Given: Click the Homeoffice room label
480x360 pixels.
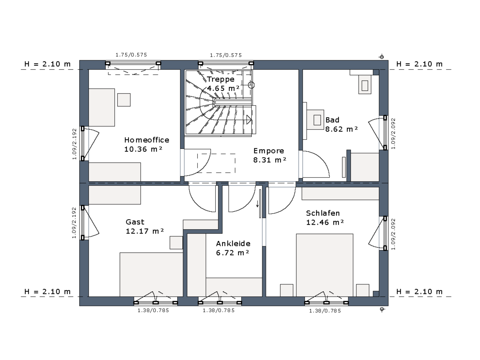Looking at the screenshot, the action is click(146, 140).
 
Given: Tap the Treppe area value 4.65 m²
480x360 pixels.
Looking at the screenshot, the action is click(223, 88).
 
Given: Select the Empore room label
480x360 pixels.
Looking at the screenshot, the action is click(268, 151).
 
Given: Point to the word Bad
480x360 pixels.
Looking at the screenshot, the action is click(332, 120).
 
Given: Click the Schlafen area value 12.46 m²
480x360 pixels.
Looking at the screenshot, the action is click(325, 222).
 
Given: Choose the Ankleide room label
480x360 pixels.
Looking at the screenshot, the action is click(233, 244).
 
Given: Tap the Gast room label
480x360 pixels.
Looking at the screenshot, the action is click(135, 222).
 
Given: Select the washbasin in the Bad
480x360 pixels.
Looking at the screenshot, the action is click(315, 120).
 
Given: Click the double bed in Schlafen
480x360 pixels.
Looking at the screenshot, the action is click(324, 265).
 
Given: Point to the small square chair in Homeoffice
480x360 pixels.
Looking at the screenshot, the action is click(124, 100).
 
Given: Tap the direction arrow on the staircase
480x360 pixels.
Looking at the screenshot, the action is click(249, 120).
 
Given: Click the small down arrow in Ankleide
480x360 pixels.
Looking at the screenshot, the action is click(257, 204).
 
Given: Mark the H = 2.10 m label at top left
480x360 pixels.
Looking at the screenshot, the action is click(48, 64).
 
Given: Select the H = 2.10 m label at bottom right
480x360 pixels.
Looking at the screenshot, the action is click(420, 292).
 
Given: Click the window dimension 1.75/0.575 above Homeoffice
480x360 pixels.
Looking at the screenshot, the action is click(131, 55).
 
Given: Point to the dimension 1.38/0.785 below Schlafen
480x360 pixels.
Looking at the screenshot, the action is click(325, 311).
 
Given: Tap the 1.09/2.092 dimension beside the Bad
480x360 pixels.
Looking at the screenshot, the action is click(393, 134).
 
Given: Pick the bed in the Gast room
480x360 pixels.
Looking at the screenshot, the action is click(151, 274).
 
